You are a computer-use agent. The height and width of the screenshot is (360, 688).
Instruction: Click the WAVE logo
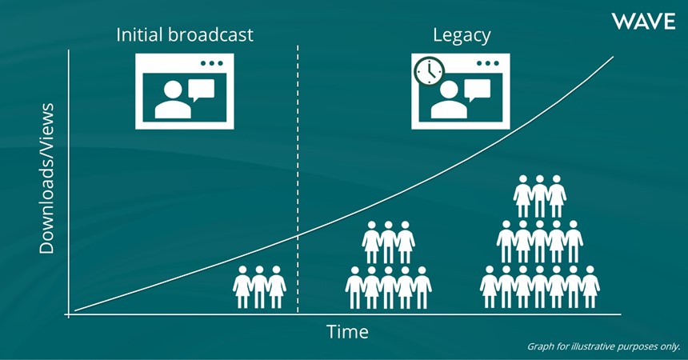point(643,22)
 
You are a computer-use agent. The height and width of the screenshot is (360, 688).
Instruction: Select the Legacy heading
point(462,35)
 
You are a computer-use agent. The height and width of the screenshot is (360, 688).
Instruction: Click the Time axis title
point(347,331)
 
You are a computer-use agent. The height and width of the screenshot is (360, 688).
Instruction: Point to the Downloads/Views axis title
point(46,178)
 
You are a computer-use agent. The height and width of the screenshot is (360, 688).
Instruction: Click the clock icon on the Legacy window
point(429,71)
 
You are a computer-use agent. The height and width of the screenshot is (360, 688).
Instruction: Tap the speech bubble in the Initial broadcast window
point(201,90)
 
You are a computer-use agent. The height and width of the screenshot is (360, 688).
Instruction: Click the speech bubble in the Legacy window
point(477,90)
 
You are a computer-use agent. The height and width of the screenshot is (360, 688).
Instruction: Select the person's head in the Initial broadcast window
point(173,90)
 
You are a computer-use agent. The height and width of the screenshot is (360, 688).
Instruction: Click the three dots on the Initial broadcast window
point(212,63)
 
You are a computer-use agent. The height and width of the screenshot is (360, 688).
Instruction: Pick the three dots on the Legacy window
point(488,63)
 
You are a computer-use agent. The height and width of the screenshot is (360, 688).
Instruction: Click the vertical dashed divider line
point(298,178)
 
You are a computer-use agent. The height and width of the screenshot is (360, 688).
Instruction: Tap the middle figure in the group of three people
point(259,286)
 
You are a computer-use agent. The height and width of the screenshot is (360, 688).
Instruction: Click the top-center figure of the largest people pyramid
point(540,196)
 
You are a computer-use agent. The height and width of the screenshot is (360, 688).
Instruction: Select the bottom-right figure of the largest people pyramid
point(590,286)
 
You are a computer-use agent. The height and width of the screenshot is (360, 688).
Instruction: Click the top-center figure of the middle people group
point(388,242)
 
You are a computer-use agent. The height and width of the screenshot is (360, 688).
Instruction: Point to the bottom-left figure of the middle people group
point(355,287)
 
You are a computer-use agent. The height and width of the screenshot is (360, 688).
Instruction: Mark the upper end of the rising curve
point(613,57)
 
